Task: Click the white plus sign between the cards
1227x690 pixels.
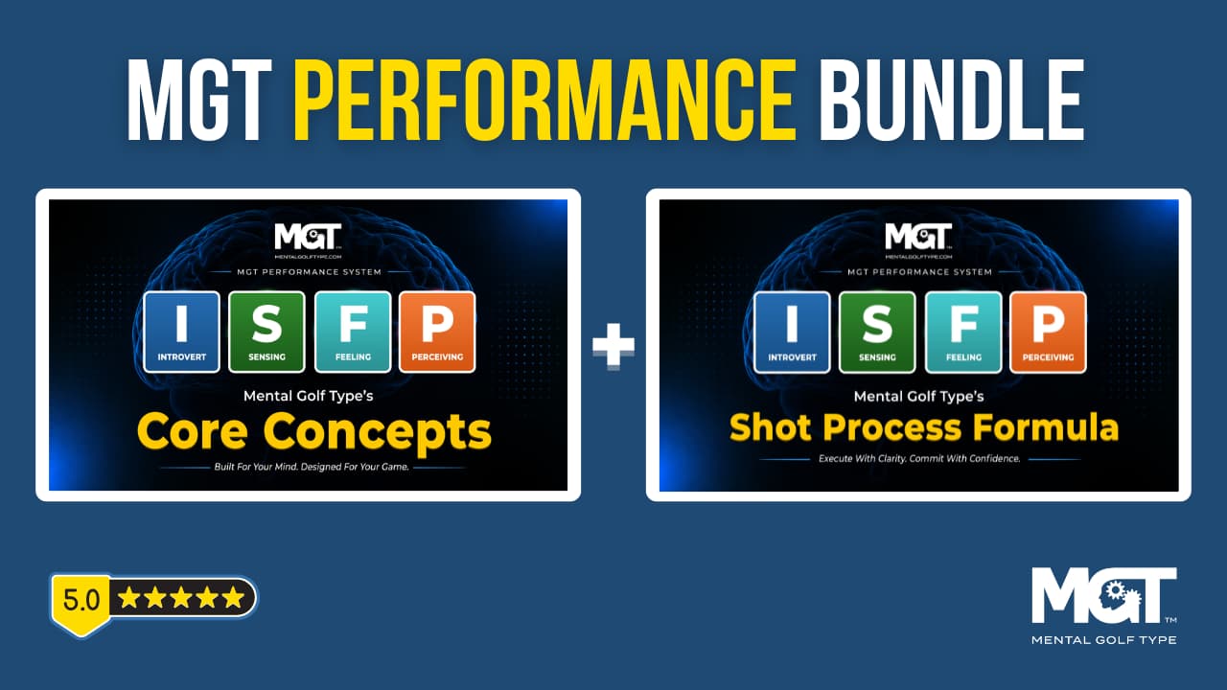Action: pyautogui.click(x=613, y=345)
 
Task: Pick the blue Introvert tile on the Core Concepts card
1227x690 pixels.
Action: pyautogui.click(x=182, y=332)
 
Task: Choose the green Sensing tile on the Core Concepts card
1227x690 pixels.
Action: pyautogui.click(x=266, y=332)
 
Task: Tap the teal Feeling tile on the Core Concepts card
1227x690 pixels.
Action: pyautogui.click(x=353, y=332)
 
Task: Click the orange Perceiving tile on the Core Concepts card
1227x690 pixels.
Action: pyautogui.click(x=437, y=332)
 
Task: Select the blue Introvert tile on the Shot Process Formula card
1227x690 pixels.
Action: pyautogui.click(x=792, y=333)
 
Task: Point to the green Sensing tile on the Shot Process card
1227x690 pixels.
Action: pyautogui.click(x=877, y=333)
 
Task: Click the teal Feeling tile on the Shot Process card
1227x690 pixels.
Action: pyautogui.click(x=963, y=333)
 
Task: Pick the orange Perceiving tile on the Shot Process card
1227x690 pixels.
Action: pyautogui.click(x=1048, y=333)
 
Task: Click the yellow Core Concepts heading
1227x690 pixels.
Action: pyautogui.click(x=314, y=432)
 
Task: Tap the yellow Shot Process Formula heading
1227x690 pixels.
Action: pyautogui.click(x=924, y=427)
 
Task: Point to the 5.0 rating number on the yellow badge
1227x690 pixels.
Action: pyautogui.click(x=81, y=600)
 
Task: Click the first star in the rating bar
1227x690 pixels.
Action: pyautogui.click(x=129, y=597)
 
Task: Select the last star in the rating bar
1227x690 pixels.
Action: pyautogui.click(x=234, y=597)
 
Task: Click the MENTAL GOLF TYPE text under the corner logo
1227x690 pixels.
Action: pyautogui.click(x=1103, y=639)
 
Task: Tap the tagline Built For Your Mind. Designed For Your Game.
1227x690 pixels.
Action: pyautogui.click(x=312, y=467)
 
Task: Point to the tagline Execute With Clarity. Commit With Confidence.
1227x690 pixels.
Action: pyautogui.click(x=919, y=459)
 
